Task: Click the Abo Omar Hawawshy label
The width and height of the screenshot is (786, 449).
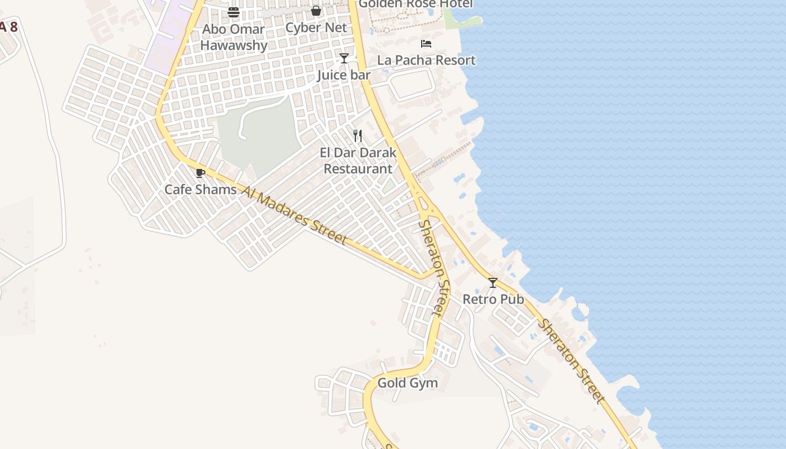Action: point(234,37)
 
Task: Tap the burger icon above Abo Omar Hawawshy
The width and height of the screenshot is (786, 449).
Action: point(234,12)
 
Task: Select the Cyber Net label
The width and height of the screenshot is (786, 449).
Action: point(316,28)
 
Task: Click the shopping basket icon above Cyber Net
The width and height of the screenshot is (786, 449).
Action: point(316,11)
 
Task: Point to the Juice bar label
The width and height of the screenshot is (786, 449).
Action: point(344,75)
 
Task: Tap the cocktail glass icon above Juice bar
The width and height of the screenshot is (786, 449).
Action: point(344,58)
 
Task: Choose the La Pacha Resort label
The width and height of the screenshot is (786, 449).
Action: point(426,60)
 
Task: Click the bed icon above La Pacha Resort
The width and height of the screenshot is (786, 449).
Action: point(426,43)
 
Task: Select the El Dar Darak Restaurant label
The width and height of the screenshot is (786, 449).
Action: point(358,161)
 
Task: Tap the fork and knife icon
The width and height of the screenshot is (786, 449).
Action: point(358,136)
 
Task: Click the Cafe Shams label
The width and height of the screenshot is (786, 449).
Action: point(200,190)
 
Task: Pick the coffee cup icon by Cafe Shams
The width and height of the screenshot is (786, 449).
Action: point(200,173)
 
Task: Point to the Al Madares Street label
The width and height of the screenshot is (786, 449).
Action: point(295,216)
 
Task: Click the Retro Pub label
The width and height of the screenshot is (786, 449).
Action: point(493,299)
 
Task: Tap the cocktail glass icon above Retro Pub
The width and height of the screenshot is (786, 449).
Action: point(493,283)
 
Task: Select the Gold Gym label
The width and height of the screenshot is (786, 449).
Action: point(408,383)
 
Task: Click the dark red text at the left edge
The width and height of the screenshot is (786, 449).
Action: point(8,27)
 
